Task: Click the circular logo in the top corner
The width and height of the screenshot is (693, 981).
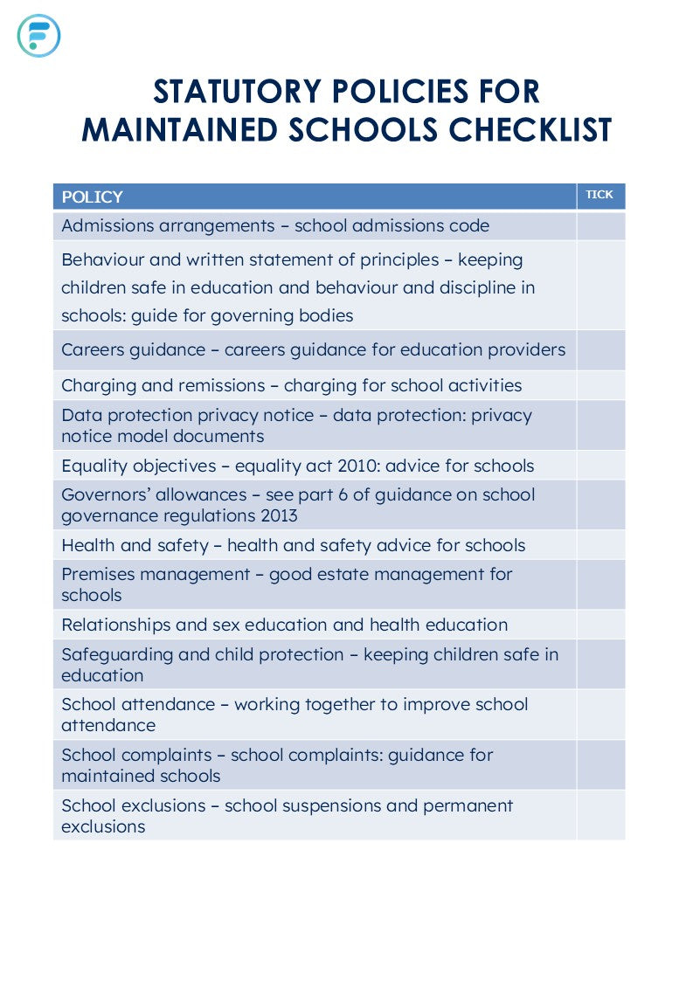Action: [38, 36]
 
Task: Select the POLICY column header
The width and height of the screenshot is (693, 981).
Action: [92, 197]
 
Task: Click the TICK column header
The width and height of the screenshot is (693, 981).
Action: [599, 195]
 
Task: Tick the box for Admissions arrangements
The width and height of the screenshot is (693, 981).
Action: [600, 226]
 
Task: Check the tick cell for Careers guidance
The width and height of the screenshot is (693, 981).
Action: [600, 350]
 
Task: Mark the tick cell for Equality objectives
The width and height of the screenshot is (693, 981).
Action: [600, 466]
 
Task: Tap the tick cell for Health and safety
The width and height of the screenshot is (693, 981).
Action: [600, 546]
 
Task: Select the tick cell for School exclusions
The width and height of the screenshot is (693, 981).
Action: [600, 816]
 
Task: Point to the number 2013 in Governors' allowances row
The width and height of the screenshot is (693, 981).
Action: [279, 515]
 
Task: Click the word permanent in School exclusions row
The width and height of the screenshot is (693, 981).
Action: [468, 805]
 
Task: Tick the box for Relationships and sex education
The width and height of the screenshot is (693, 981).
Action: [600, 625]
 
